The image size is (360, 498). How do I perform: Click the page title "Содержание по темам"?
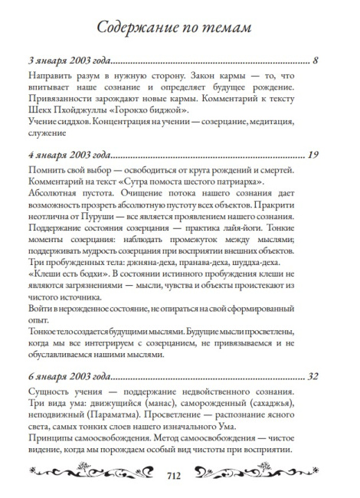[179, 28]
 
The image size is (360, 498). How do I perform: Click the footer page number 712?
[179, 475]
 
